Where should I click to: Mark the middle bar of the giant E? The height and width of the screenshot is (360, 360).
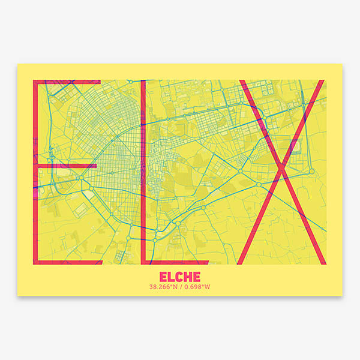66,164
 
